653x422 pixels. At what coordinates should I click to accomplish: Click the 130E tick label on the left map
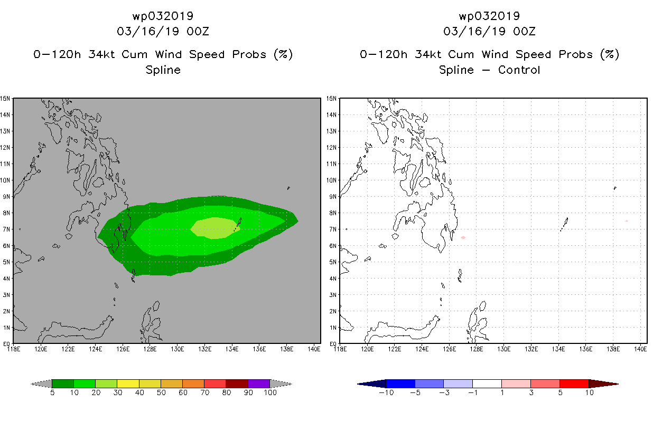(177, 349)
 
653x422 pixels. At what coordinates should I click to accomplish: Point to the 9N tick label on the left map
(6, 197)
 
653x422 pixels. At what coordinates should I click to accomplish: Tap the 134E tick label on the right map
(558, 349)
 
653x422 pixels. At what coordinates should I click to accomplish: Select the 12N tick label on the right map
(331, 148)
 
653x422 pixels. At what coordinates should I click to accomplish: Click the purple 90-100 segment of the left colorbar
(259, 383)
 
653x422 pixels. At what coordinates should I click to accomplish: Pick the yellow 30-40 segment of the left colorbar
(128, 383)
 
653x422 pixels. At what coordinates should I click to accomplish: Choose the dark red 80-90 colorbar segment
(237, 383)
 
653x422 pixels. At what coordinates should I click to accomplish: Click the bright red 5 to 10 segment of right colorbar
(574, 384)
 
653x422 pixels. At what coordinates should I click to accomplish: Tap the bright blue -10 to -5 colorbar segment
(400, 384)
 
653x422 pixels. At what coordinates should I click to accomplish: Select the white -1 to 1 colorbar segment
(487, 384)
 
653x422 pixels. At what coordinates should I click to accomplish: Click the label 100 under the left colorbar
(270, 392)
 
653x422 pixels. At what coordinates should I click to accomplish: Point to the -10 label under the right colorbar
(386, 392)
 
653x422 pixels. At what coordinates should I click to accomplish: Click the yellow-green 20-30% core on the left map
(216, 228)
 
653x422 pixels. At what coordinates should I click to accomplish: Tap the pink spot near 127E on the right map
(463, 238)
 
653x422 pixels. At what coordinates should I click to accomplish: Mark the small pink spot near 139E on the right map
(627, 221)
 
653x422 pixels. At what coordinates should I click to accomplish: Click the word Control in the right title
(519, 70)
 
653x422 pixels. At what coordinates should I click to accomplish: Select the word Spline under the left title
(163, 70)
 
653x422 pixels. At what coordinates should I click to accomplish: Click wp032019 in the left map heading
(163, 16)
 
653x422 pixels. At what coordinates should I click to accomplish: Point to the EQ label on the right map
(333, 344)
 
